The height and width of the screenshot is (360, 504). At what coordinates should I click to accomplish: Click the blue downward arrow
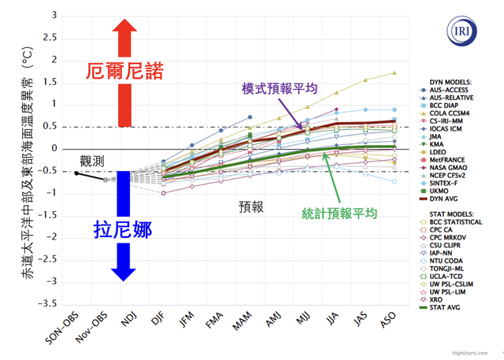[122, 225]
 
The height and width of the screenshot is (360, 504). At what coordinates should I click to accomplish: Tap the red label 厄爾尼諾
[124, 72]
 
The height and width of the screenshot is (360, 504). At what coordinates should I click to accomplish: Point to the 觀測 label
[92, 161]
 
